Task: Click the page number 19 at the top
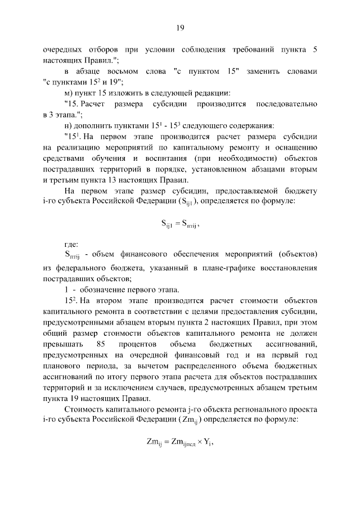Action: click(180, 27)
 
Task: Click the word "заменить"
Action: click(265, 71)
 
